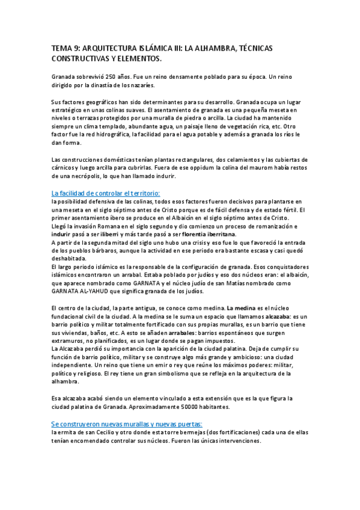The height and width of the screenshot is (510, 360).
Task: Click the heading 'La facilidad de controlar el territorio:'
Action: tap(106, 192)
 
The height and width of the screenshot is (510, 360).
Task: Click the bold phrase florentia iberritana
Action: tap(202, 234)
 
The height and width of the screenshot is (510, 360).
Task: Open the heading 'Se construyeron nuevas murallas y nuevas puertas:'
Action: tap(127, 423)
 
